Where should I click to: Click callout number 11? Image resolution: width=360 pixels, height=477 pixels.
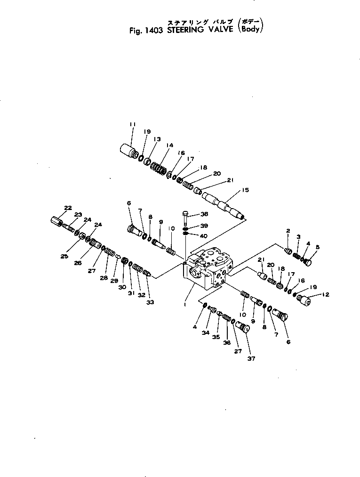[x=132, y=124]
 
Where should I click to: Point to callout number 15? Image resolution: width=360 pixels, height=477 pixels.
[x=245, y=190]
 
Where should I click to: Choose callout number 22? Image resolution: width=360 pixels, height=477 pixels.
[x=68, y=208]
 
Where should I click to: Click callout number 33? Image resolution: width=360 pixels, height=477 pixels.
[x=150, y=302]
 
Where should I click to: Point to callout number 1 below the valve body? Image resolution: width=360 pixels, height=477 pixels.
[x=185, y=304]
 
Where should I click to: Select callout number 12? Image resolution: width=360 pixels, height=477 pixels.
[x=326, y=295]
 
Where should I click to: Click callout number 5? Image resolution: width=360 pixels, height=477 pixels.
[x=317, y=247]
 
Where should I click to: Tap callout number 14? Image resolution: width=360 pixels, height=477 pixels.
[x=169, y=145]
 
